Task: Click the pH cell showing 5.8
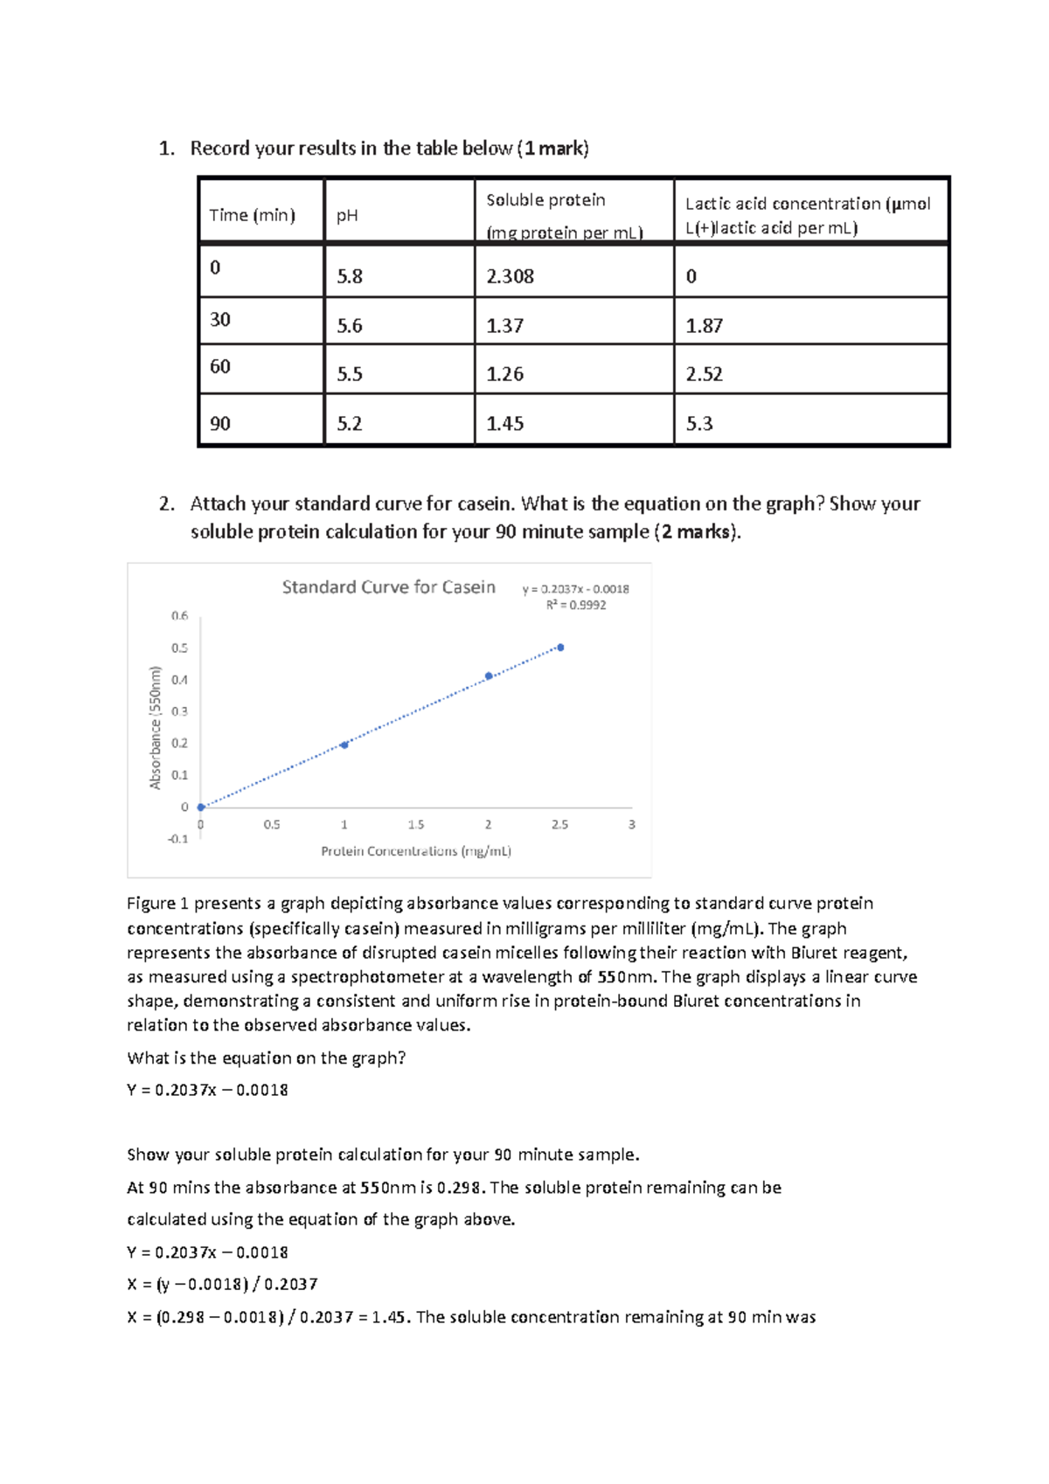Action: pyautogui.click(x=350, y=276)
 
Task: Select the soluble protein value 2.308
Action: pyautogui.click(x=510, y=276)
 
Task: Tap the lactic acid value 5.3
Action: pyautogui.click(x=699, y=424)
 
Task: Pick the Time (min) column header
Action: pyautogui.click(x=252, y=215)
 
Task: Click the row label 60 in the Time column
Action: pyautogui.click(x=220, y=366)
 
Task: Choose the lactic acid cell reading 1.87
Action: pyautogui.click(x=704, y=326)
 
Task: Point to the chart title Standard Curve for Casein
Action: pyautogui.click(x=388, y=587)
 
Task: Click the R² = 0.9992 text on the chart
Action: pyautogui.click(x=576, y=605)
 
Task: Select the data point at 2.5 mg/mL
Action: pyautogui.click(x=560, y=648)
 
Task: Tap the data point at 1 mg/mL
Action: pyautogui.click(x=344, y=745)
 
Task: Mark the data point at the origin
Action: pyautogui.click(x=201, y=807)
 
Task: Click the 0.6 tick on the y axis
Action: pyautogui.click(x=179, y=615)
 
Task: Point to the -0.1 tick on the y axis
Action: pyautogui.click(x=177, y=839)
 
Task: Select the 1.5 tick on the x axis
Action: pyautogui.click(x=416, y=824)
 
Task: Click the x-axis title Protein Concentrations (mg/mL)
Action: pyautogui.click(x=416, y=850)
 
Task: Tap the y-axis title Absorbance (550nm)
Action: pyautogui.click(x=156, y=727)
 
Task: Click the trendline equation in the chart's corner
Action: pyautogui.click(x=575, y=589)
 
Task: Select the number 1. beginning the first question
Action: pyautogui.click(x=166, y=149)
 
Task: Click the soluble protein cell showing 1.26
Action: pyautogui.click(x=504, y=374)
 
